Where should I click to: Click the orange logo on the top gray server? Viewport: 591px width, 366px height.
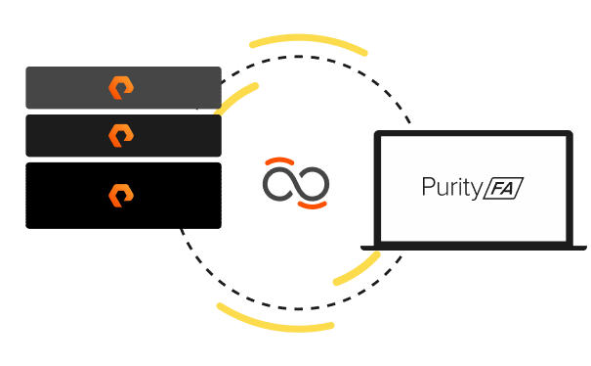click(121, 88)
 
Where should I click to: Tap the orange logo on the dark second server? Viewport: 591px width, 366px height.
click(121, 134)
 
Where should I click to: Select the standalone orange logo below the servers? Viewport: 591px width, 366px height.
click(121, 194)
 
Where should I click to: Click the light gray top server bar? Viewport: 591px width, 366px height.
click(59, 88)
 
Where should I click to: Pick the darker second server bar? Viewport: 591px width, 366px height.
click(59, 135)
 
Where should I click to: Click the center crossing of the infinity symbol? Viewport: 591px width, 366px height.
click(296, 184)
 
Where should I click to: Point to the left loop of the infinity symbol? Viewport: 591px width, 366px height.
click(279, 184)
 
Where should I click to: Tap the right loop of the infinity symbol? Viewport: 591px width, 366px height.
click(313, 184)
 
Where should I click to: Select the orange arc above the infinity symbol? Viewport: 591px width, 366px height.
click(278, 160)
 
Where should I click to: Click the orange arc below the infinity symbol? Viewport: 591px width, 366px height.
click(313, 207)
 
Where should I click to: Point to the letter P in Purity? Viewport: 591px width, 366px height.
click(428, 186)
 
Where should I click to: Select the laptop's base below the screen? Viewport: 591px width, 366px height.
click(474, 247)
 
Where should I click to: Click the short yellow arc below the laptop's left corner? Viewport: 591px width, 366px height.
click(358, 269)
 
